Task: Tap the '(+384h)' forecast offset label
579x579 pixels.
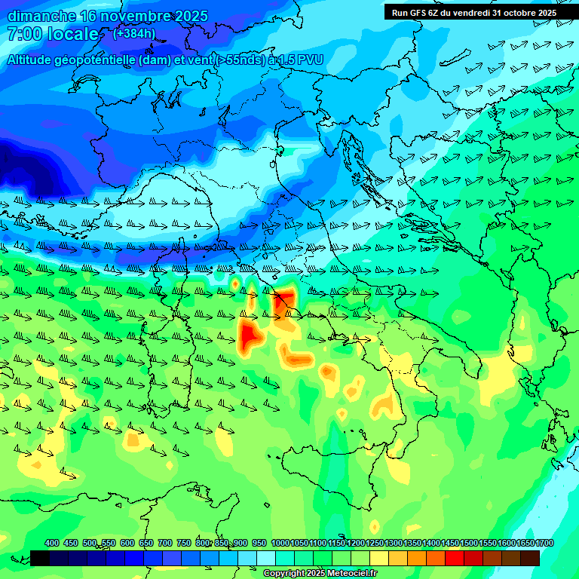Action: pos(134,33)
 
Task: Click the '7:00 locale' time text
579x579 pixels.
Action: pos(53,35)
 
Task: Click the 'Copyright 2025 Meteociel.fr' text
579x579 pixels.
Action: pos(320,574)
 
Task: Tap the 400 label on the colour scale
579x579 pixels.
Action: pos(52,544)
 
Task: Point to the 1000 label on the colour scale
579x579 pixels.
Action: pos(280,544)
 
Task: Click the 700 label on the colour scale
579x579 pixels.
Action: pos(164,544)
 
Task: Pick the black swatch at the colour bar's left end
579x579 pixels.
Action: pos(40,558)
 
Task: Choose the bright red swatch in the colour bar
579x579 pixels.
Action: pos(455,558)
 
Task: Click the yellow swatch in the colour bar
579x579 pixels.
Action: pos(379,558)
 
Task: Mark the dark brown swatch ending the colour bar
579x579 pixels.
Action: pos(530,558)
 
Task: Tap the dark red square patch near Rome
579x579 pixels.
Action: pos(283,303)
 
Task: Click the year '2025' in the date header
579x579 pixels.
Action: pos(191,16)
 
